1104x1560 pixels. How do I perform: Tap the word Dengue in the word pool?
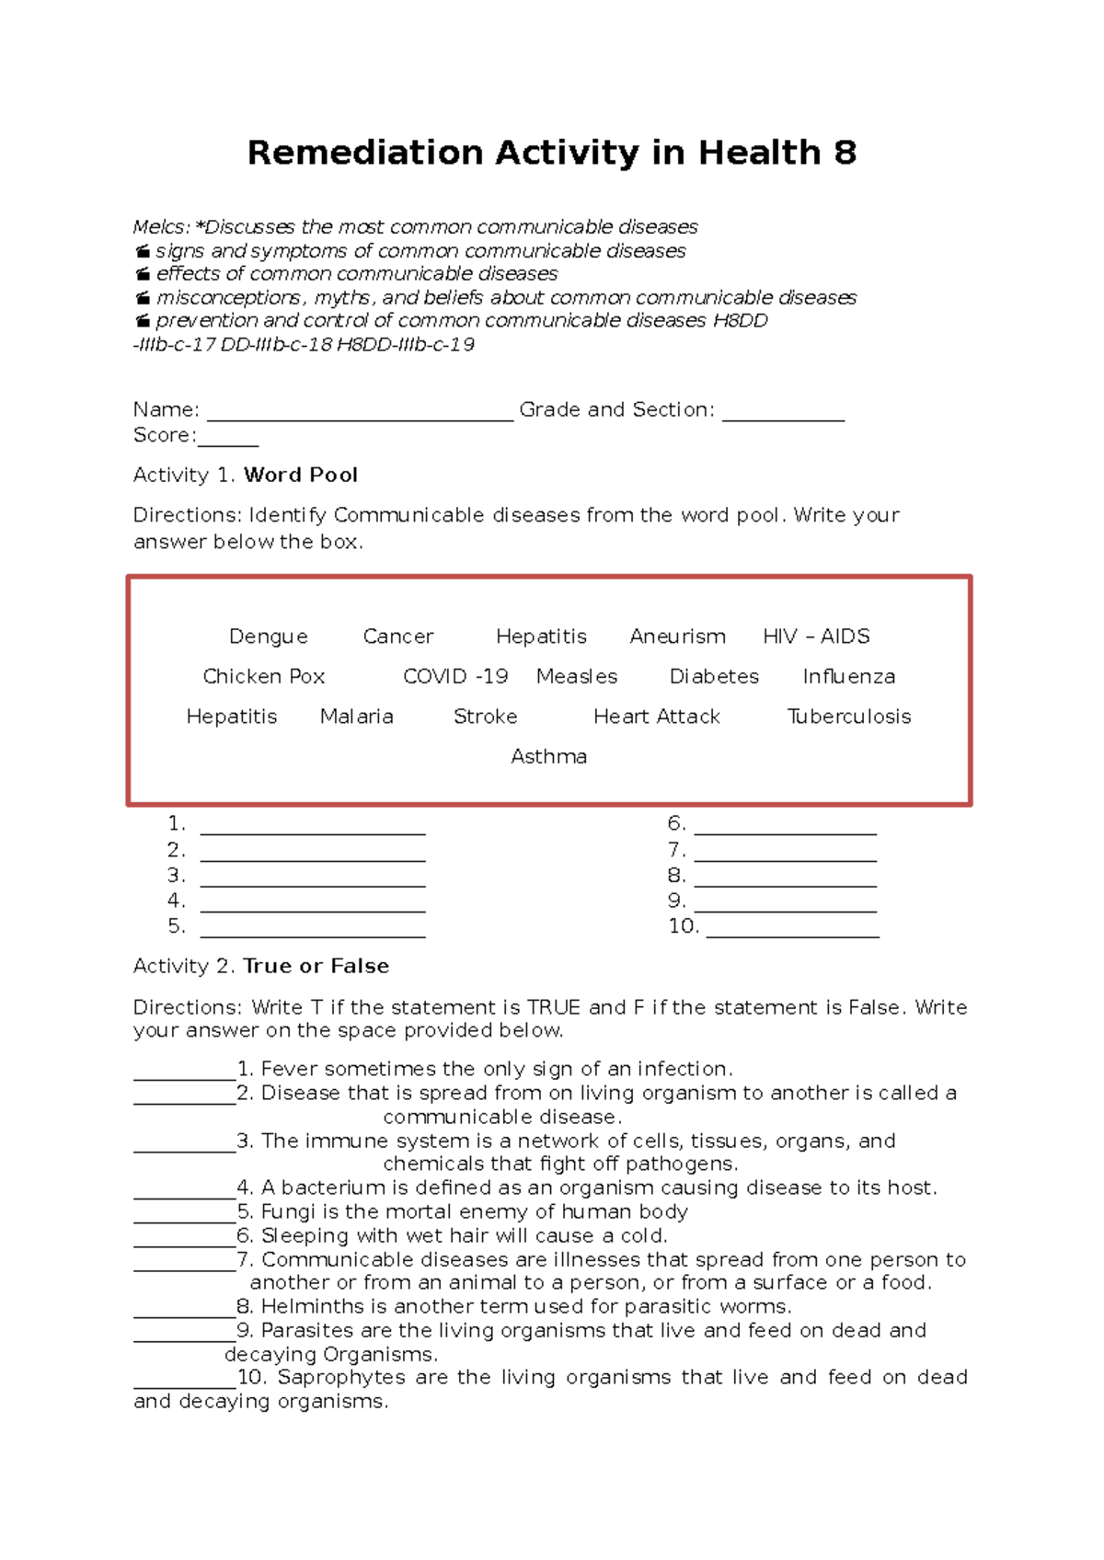coord(268,637)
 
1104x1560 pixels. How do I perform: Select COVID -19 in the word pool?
coord(454,677)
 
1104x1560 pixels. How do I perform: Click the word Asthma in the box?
coord(548,757)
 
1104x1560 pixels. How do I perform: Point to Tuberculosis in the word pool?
coord(848,717)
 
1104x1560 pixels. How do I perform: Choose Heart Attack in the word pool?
coord(656,717)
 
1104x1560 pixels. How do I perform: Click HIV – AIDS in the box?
coord(816,637)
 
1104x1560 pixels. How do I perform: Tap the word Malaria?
coord(356,717)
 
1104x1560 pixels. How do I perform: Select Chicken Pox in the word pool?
coord(263,677)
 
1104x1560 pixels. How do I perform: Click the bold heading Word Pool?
coord(300,476)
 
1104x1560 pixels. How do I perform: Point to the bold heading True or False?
coord(316,967)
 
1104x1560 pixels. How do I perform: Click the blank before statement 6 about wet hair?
coord(184,1243)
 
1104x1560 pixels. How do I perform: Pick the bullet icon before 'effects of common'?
coord(142,274)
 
